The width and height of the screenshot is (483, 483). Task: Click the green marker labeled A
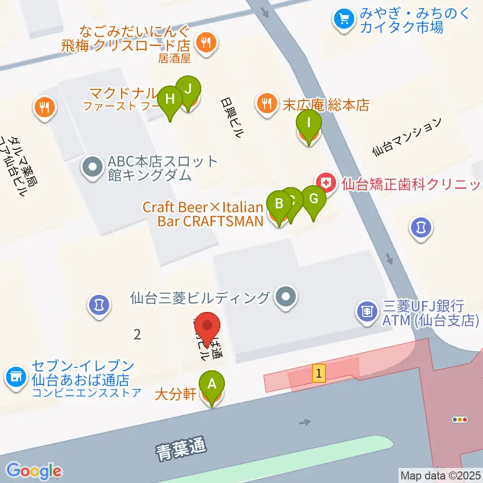[x=212, y=385]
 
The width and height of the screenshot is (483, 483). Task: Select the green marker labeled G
[x=313, y=199]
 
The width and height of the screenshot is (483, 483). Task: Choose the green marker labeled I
[x=308, y=123]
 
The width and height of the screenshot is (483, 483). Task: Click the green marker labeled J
[x=188, y=90]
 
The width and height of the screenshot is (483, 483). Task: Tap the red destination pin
[x=207, y=327]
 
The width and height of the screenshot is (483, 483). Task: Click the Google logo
[x=34, y=471]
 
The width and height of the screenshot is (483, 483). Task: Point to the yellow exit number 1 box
[x=318, y=373]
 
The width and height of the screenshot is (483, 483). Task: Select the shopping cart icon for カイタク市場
[x=344, y=19]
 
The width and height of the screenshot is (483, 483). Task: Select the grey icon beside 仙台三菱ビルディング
[x=287, y=298]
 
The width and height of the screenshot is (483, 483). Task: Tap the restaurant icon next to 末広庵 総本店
[x=266, y=104]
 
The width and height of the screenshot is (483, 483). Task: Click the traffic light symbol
[x=460, y=420]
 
